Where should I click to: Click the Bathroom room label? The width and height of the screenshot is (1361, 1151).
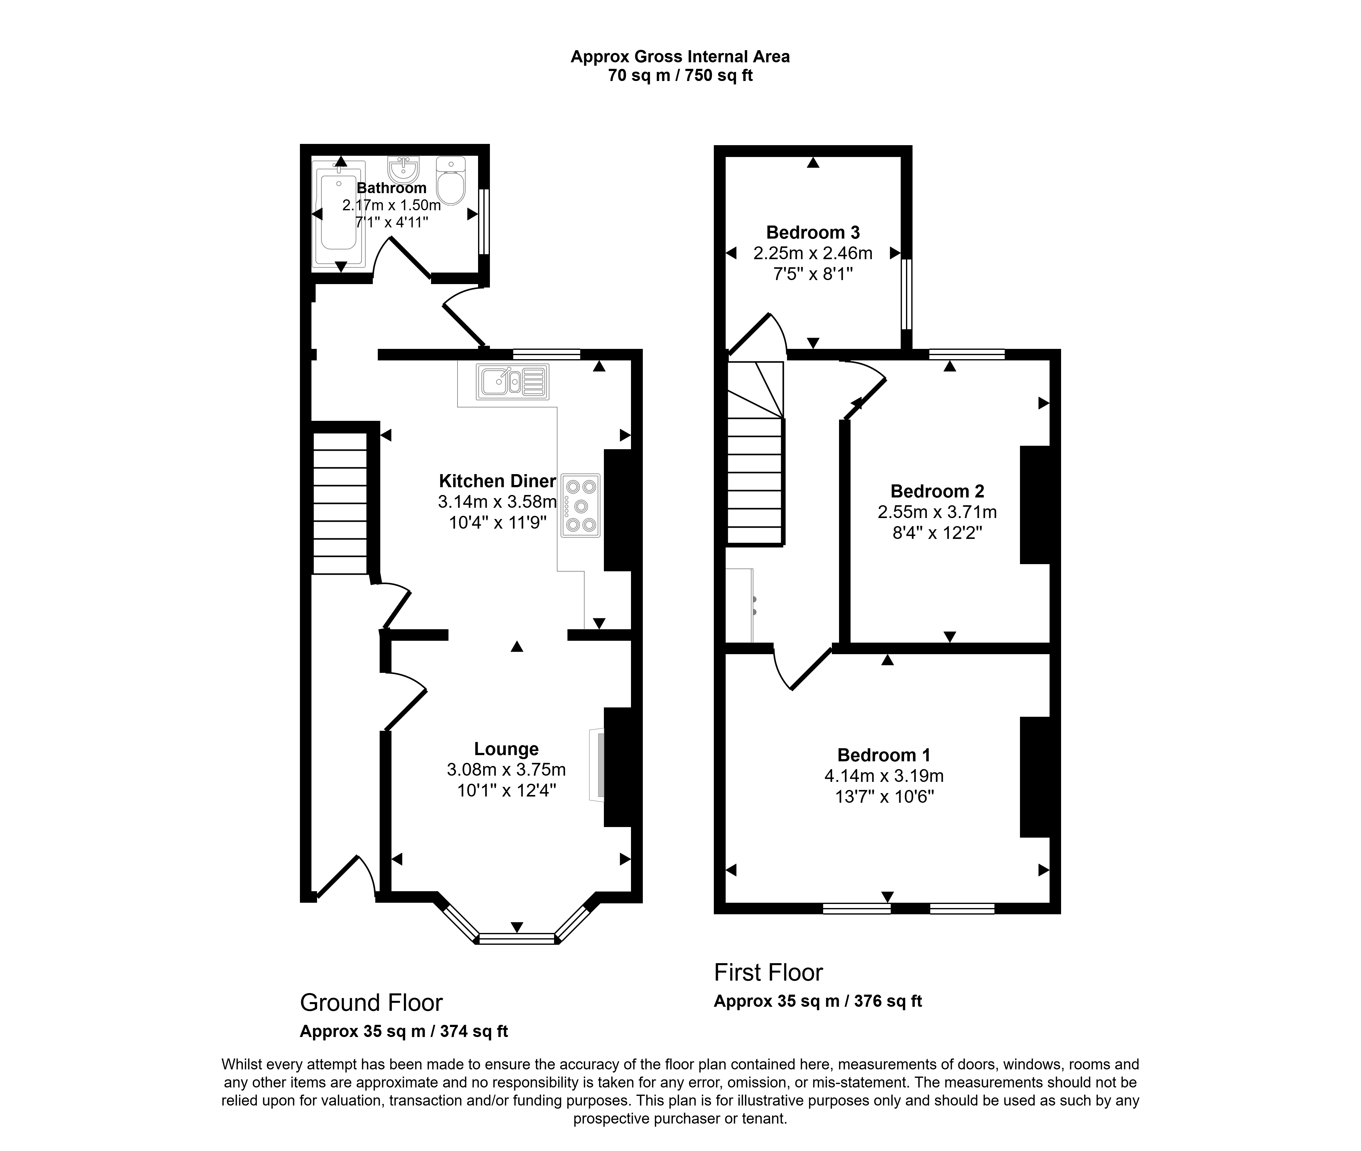[x=391, y=188]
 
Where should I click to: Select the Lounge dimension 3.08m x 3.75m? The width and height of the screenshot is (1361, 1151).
[x=506, y=770]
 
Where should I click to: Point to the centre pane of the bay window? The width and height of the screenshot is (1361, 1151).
[x=517, y=939]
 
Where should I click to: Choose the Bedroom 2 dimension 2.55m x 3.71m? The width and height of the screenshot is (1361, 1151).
[x=937, y=512]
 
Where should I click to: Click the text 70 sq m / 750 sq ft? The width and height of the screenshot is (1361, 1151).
[x=680, y=76]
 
